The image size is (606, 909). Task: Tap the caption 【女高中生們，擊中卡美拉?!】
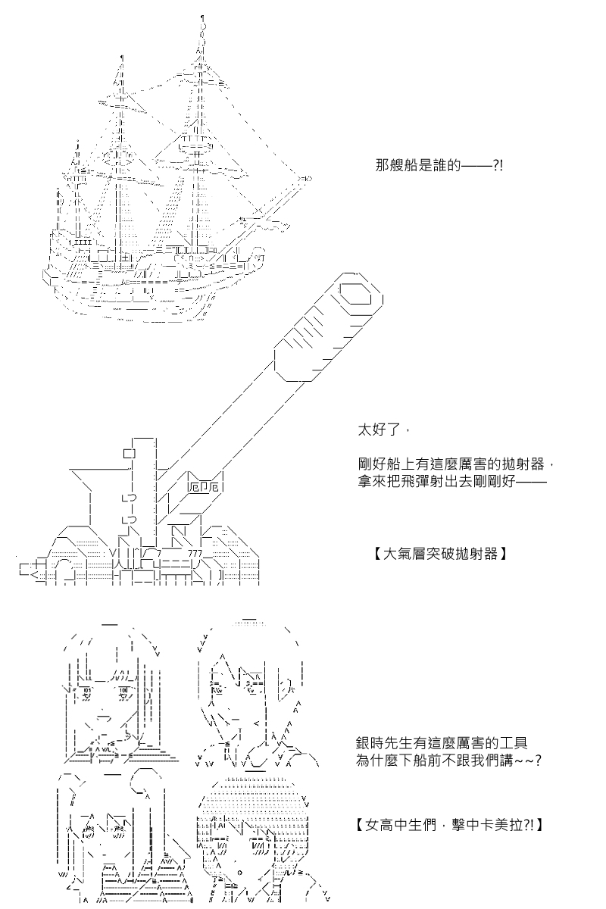(448, 822)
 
